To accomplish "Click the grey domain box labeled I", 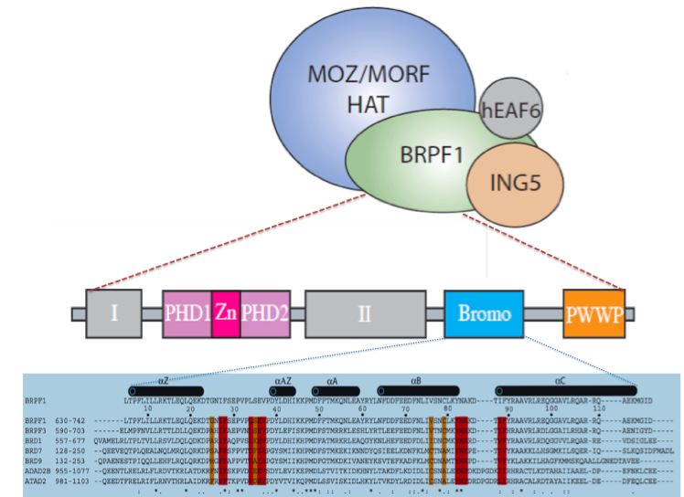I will (114, 313).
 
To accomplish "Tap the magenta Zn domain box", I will (226, 313).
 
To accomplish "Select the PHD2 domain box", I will (265, 313).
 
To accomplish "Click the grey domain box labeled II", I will (365, 313).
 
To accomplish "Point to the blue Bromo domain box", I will (484, 313).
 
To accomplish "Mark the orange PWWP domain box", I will (593, 313).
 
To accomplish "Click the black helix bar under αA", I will (333, 387).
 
